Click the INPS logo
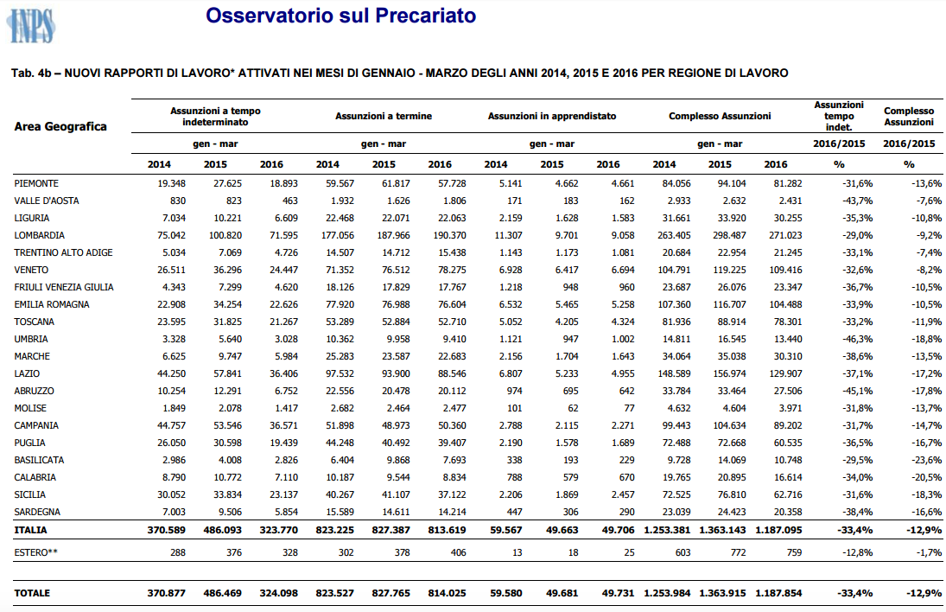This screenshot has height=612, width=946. click(x=31, y=26)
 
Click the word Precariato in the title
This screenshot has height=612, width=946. click(x=425, y=15)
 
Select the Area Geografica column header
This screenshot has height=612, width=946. click(x=60, y=126)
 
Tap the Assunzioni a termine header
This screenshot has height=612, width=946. click(x=384, y=116)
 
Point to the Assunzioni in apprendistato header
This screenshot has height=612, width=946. click(x=552, y=116)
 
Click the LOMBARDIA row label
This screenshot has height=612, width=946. click(x=39, y=235)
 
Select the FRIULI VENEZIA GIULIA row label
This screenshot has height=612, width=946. click(x=64, y=287)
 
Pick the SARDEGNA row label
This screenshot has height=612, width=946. click(x=37, y=512)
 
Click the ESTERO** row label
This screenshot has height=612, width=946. click(x=35, y=552)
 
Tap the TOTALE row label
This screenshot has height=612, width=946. click(x=32, y=593)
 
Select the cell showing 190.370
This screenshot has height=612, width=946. click(x=449, y=235)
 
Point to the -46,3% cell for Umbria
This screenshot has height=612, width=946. click(x=857, y=339)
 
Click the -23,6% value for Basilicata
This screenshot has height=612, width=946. click(x=927, y=460)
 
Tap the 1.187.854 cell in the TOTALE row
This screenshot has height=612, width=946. click(x=778, y=593)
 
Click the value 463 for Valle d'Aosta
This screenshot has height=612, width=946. click(x=289, y=201)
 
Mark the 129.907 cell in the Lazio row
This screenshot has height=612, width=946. click(x=785, y=373)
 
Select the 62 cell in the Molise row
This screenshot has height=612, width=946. click(x=572, y=408)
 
